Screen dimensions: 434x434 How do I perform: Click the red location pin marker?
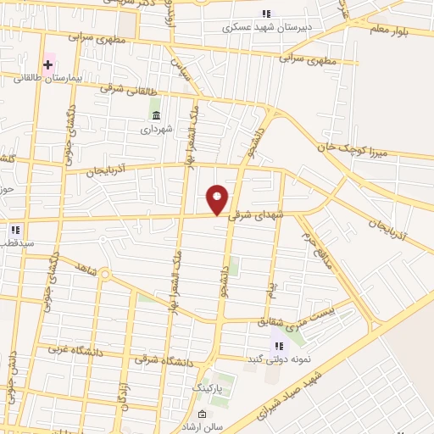[218, 200]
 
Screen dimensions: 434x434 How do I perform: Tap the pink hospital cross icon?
[48, 64]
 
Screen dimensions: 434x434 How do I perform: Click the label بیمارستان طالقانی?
[47, 78]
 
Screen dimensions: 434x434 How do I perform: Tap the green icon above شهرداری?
[156, 115]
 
